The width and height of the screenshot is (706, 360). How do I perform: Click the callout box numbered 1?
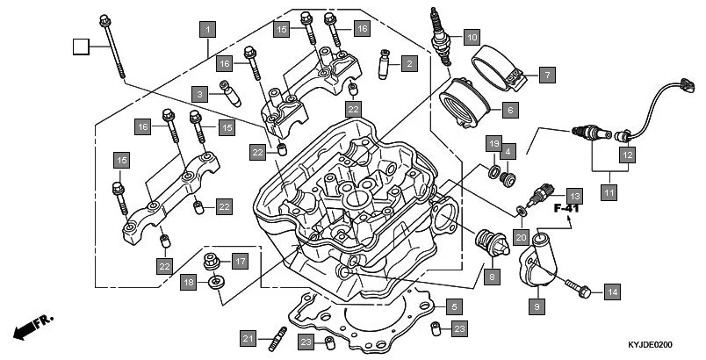click(x=207, y=29)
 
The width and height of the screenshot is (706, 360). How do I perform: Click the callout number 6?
click(x=508, y=111)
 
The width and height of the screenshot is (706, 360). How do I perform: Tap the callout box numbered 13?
click(x=573, y=195)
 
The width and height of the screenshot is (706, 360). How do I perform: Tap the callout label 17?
click(x=240, y=261)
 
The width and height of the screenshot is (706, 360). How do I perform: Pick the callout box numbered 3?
click(x=200, y=94)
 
